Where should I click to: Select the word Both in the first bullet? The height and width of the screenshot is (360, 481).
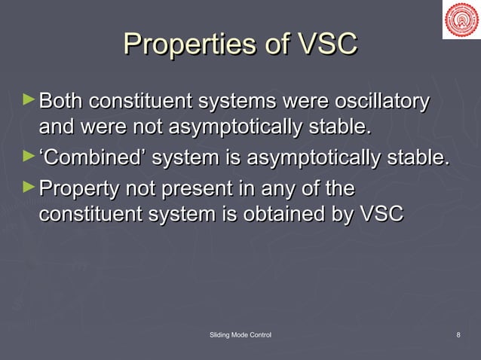point(62,102)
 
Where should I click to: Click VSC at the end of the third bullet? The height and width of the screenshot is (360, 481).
point(381,215)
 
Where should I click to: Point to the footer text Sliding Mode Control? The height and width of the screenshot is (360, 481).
point(240,334)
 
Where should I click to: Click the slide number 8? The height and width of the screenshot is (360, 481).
point(458,334)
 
